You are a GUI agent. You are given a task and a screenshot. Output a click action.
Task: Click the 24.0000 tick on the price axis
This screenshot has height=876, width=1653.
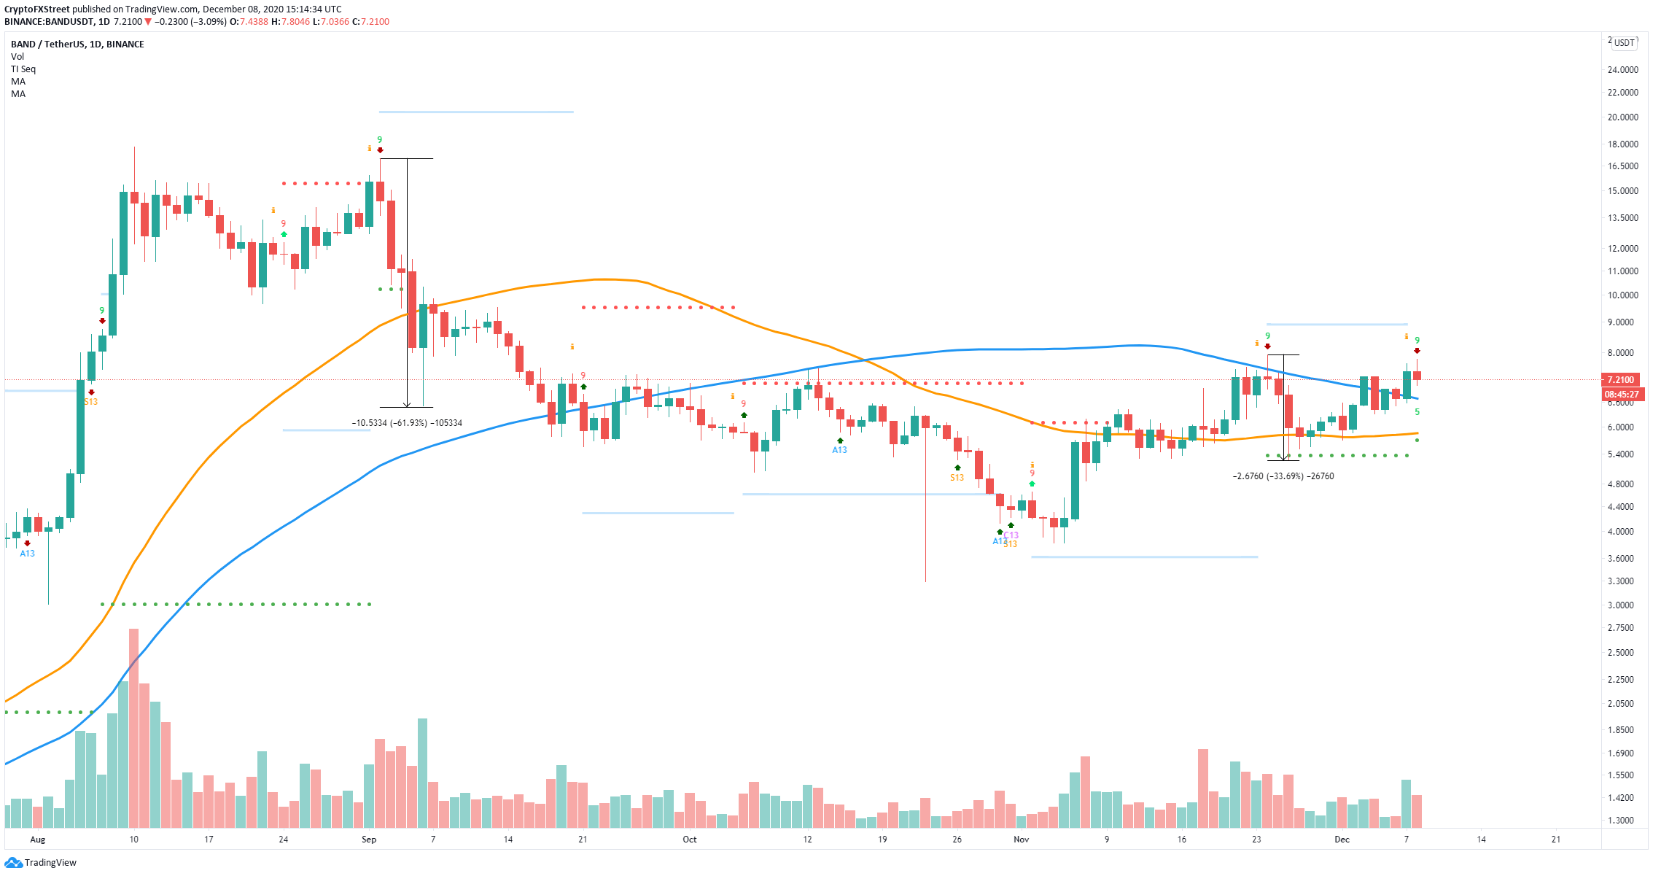(1622, 70)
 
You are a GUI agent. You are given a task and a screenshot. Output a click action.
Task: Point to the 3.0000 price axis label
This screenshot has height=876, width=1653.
(1622, 605)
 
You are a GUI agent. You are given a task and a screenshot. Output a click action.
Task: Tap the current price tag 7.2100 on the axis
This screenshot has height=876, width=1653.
(1620, 380)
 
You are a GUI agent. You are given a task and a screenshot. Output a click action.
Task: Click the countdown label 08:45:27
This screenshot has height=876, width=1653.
(1621, 395)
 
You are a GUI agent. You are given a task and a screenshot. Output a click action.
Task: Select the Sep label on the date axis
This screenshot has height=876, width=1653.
(369, 840)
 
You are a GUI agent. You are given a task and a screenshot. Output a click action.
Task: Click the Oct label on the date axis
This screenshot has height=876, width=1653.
(689, 840)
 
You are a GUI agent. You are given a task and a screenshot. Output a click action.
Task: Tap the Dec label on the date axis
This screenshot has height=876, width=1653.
(1342, 840)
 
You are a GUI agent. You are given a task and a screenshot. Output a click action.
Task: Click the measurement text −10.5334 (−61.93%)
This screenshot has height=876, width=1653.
(406, 423)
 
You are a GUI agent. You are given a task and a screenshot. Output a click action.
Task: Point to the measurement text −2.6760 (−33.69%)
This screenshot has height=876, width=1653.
(1283, 476)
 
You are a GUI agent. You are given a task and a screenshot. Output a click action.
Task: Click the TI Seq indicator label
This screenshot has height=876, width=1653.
(23, 69)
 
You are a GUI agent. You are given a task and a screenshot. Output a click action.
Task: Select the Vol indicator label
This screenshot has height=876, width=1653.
(17, 57)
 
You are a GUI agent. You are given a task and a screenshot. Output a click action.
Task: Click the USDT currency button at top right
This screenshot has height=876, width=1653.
(1624, 43)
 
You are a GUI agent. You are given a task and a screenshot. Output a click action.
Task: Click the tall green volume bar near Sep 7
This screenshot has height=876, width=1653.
(422, 773)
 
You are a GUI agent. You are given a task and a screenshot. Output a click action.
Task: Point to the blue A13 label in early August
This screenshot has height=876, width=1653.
(27, 554)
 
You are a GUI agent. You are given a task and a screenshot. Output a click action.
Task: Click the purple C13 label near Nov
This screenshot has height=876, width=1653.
(1011, 535)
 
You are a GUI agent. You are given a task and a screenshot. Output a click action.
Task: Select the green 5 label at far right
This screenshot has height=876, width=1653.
(1417, 412)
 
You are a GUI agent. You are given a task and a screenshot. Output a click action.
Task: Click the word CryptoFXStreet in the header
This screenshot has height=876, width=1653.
(36, 9)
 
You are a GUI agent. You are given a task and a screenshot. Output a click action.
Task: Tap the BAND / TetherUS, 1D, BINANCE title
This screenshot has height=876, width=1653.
(77, 44)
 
